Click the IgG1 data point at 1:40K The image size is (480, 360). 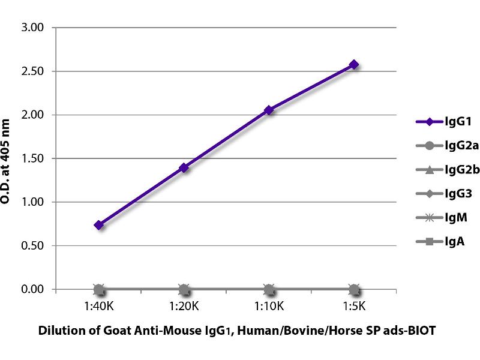tap(99, 225)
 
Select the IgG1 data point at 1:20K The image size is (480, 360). tap(184, 167)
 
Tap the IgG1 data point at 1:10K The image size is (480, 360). tap(269, 110)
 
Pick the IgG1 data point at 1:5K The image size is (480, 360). tap(354, 64)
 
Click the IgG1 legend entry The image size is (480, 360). tap(441, 121)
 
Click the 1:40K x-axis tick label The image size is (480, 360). tap(99, 306)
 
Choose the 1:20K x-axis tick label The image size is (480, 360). tap(184, 306)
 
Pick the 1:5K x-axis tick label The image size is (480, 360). tap(354, 306)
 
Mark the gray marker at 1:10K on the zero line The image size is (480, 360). tap(269, 289)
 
